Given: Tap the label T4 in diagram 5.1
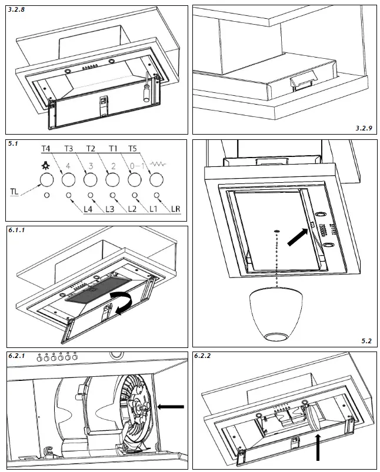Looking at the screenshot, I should click(x=46, y=149).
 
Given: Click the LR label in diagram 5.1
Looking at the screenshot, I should click(x=176, y=209).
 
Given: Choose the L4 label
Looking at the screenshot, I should click(x=89, y=209).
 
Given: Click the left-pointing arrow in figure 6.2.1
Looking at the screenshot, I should click(x=172, y=406).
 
